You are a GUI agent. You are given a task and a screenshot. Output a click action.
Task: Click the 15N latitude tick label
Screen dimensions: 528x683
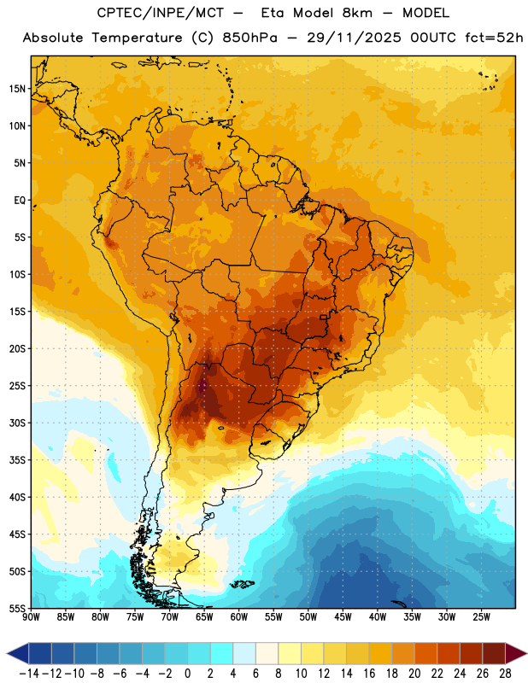coord(17,89)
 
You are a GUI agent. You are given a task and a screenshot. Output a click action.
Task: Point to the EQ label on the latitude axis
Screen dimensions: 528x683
coord(20,201)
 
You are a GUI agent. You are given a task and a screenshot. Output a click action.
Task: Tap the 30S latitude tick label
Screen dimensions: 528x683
coord(17,423)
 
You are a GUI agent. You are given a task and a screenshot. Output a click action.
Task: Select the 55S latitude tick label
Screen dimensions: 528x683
coord(17,608)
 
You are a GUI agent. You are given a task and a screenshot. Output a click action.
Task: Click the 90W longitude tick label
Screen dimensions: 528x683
coord(31,617)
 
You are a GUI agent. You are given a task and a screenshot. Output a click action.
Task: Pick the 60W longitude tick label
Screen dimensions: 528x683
coord(239,617)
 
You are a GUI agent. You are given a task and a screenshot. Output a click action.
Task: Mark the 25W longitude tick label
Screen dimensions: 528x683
coord(481,617)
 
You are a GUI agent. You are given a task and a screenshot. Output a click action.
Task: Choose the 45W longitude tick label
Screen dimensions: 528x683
coord(343,617)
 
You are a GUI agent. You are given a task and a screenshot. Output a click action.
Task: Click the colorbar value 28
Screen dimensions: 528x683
coord(505,674)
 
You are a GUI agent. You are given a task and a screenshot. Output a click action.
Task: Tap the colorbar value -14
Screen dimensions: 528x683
coord(29,674)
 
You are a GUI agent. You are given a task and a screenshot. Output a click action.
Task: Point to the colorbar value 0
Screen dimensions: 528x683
coord(187,674)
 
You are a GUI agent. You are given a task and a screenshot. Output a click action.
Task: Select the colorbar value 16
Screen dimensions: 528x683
coord(369,674)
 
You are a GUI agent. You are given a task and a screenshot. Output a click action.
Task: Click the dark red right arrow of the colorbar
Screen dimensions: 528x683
coord(515,653)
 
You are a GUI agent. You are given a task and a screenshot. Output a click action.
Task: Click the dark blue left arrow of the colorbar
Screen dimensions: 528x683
coord(18,653)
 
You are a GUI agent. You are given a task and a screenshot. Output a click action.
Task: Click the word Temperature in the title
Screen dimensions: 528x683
coord(137,38)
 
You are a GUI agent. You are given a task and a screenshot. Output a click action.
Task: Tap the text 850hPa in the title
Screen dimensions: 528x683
coord(249,38)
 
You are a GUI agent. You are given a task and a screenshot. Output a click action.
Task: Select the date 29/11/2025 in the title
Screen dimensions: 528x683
coord(354,38)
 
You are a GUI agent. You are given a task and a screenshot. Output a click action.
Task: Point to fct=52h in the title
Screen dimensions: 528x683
coord(494,38)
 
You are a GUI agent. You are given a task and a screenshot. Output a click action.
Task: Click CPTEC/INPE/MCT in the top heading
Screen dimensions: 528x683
coord(160,13)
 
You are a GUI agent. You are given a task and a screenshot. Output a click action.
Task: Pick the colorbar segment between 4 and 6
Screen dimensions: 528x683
coord(244,653)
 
